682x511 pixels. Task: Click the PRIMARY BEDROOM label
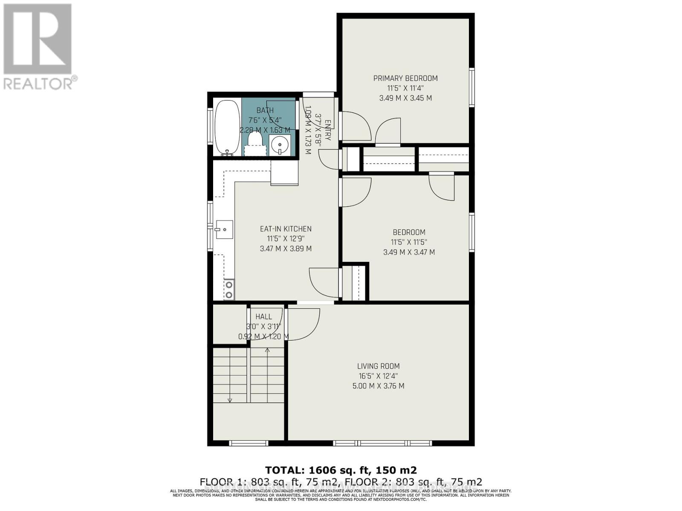tap(405, 78)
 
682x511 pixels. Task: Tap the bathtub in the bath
tap(227, 126)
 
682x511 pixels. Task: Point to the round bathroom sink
tap(280, 145)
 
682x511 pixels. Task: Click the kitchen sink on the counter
tap(224, 230)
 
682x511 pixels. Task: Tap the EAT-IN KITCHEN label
tap(286, 229)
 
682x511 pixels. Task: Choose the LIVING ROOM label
tap(379, 366)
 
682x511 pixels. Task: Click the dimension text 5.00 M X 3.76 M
tap(379, 386)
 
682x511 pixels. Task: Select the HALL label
tap(263, 317)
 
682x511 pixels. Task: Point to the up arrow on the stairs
tap(267, 350)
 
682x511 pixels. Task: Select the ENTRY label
tap(328, 130)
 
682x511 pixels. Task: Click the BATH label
tap(265, 111)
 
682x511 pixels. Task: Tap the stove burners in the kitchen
tap(229, 290)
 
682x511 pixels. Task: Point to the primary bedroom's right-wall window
tap(472, 87)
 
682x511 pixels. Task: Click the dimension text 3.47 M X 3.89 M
tap(286, 249)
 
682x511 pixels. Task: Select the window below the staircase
tap(249, 443)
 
